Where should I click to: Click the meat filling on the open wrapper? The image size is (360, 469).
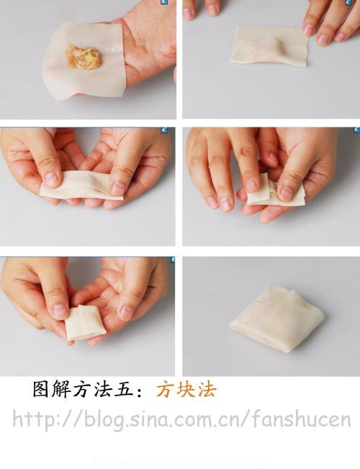(x=84, y=57)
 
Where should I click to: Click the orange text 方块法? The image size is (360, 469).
(x=186, y=390)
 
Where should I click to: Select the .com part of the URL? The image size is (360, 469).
(x=208, y=419)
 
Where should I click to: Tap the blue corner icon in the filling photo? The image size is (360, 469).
(x=164, y=3)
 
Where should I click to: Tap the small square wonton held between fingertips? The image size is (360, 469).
(x=85, y=322)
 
